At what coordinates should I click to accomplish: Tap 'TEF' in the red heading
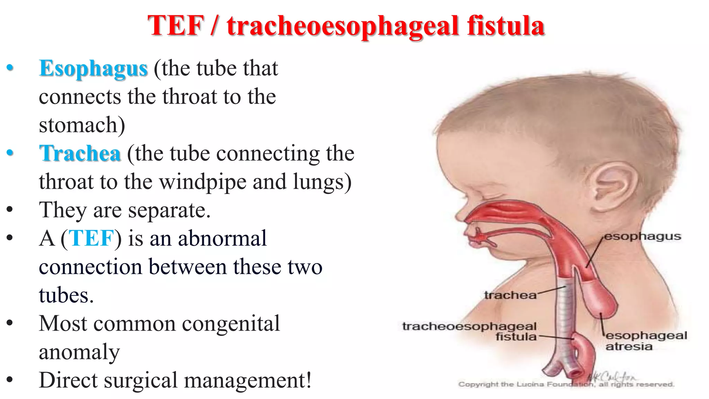click(176, 26)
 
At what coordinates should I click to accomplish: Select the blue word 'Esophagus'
click(93, 69)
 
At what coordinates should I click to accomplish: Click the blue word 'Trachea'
click(80, 153)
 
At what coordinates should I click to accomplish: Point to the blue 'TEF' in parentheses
click(91, 239)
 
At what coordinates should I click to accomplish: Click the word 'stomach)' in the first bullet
click(82, 125)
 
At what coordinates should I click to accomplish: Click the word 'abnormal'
click(222, 239)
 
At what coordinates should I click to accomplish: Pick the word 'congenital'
click(231, 324)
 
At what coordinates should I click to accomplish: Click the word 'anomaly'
click(79, 352)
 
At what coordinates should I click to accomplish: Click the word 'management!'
click(248, 380)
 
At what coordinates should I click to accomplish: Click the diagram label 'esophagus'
click(643, 237)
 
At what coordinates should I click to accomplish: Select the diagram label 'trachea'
click(510, 295)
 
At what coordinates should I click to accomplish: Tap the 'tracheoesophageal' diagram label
click(469, 326)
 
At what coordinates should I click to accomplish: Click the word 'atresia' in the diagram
click(629, 346)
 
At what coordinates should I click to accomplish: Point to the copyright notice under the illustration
click(566, 384)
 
